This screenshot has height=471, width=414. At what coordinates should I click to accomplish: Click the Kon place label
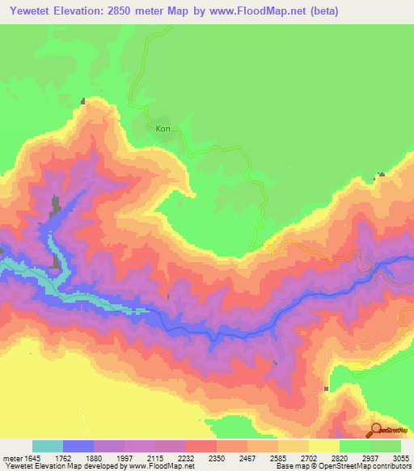point(163,128)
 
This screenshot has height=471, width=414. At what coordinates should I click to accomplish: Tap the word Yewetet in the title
point(32,11)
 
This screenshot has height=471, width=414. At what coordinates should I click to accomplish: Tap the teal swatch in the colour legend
point(48,446)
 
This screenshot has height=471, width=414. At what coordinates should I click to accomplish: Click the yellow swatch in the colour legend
point(324,446)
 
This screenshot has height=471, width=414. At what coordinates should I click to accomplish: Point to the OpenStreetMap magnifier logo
point(376,431)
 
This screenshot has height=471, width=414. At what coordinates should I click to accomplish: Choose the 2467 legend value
point(246,457)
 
